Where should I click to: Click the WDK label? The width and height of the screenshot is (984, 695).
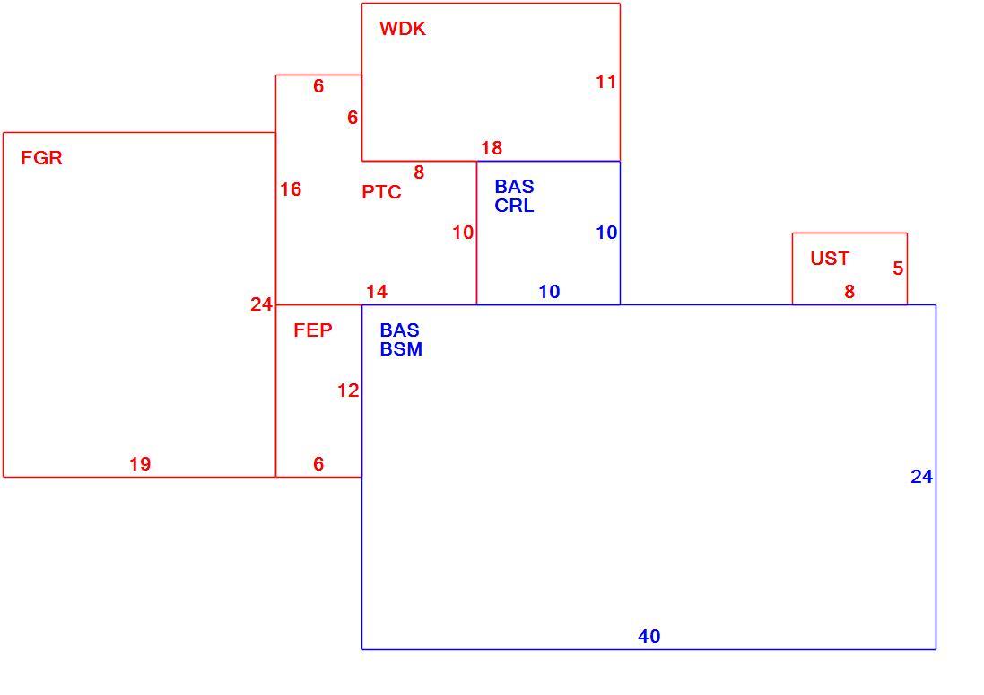(x=402, y=29)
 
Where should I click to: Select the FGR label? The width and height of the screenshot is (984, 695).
(x=41, y=158)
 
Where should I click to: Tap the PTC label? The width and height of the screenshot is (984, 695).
(x=381, y=191)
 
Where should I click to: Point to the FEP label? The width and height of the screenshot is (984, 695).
(x=312, y=330)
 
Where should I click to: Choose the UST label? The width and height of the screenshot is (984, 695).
(x=830, y=259)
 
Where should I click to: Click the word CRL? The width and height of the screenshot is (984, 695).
(x=514, y=206)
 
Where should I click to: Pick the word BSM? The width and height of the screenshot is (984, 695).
(x=401, y=349)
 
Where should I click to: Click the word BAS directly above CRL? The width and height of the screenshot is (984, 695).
(x=514, y=187)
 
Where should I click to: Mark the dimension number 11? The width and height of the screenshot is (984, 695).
(x=605, y=82)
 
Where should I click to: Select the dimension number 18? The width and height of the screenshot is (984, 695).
(x=492, y=148)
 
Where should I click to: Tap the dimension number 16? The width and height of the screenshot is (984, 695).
(x=291, y=189)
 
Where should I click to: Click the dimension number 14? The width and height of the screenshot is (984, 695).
(x=377, y=292)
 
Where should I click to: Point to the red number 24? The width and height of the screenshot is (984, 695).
(x=261, y=304)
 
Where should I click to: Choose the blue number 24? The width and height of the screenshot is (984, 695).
(x=921, y=477)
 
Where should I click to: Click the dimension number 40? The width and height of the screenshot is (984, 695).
(x=649, y=637)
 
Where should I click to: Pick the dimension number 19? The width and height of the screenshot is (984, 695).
(x=140, y=464)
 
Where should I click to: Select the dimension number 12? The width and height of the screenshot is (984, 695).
(x=348, y=391)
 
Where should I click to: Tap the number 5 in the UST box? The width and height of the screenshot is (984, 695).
(x=898, y=268)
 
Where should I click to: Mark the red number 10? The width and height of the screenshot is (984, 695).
(x=463, y=233)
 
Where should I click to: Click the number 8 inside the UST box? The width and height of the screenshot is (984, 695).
(x=849, y=292)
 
